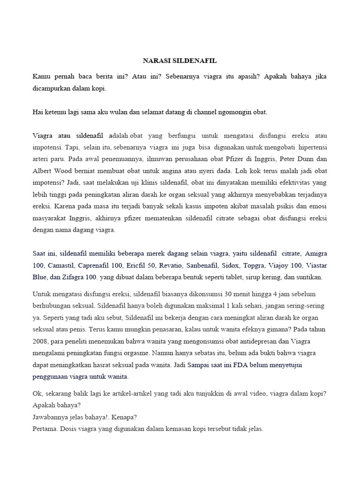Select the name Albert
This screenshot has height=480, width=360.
point(43,171)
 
